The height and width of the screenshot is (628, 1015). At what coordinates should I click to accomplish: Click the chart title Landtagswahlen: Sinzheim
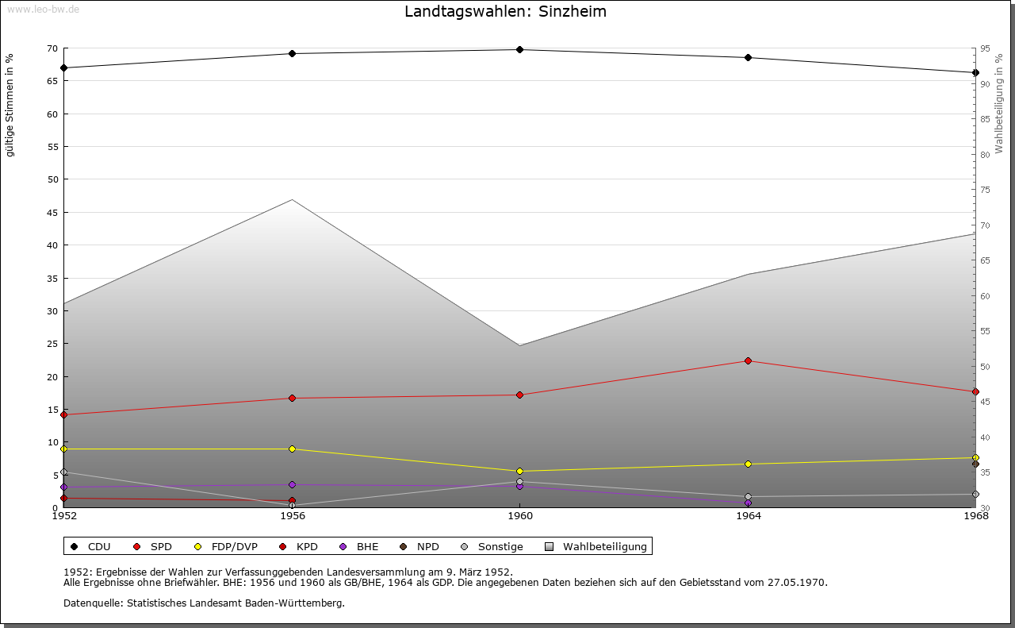click(505, 12)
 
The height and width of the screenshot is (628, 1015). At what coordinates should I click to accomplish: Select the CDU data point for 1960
click(520, 50)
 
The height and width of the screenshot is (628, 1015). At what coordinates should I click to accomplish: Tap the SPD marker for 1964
click(748, 361)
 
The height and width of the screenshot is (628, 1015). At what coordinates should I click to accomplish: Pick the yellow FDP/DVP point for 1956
click(292, 449)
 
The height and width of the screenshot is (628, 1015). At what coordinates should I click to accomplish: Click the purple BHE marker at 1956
click(292, 485)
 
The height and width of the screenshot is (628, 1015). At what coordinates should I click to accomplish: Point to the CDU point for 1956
click(292, 54)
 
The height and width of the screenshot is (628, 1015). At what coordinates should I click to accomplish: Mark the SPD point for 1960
click(520, 395)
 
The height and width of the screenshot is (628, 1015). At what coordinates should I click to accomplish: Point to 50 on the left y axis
click(52, 179)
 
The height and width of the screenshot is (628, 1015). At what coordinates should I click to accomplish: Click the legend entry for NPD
click(427, 547)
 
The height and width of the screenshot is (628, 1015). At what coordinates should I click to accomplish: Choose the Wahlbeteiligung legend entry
click(604, 547)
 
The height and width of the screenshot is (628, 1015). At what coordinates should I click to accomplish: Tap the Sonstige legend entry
click(500, 547)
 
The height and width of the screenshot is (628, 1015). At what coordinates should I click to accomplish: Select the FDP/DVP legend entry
click(234, 547)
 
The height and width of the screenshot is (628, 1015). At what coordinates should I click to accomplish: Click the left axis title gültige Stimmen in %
click(10, 105)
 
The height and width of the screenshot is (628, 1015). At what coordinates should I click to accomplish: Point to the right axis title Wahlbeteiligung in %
click(999, 103)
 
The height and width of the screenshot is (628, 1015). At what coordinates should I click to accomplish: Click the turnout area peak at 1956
click(292, 200)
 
